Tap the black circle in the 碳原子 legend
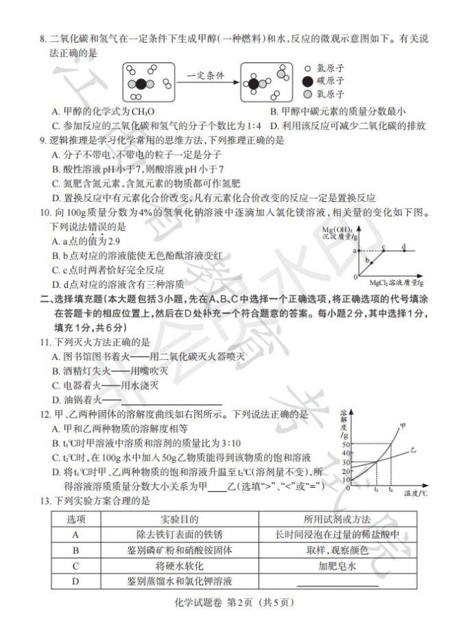point(308,81)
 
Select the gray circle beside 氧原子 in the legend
point(308,94)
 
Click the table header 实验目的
point(179,520)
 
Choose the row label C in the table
point(76,565)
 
